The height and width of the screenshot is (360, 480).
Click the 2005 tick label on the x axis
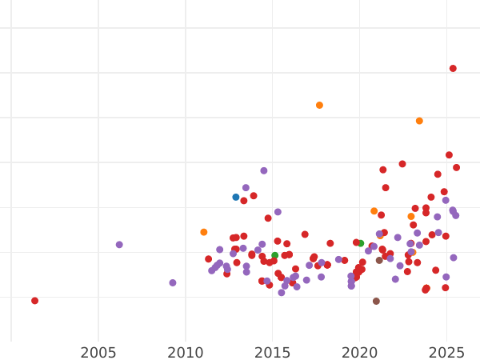coord(98,353)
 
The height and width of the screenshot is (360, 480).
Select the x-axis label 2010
coord(186,353)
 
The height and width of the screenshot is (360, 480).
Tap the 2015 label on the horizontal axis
coord(273,353)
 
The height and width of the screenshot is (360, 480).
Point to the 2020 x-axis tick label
coord(360,353)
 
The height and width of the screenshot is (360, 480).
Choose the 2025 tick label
coord(447,353)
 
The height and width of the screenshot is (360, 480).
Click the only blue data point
coord(236,197)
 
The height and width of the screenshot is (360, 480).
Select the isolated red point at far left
coord(34,301)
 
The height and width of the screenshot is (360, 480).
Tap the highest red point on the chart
coord(453,69)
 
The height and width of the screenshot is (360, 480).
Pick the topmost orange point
coord(319,105)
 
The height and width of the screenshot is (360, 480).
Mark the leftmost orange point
coord(204,232)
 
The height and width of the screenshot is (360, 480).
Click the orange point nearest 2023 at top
coord(419,121)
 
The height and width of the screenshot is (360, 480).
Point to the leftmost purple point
coord(119,245)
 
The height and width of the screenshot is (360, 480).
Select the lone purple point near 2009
coord(173,282)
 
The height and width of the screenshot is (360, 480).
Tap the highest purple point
coord(264,170)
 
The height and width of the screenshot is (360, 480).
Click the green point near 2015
coord(274,256)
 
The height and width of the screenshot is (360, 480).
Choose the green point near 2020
coord(361,243)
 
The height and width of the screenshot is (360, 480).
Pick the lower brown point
coord(376,302)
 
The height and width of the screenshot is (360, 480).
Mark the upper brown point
coord(379,260)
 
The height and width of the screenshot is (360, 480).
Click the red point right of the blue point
coord(244,201)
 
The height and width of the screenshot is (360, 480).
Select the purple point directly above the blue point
coord(246,188)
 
